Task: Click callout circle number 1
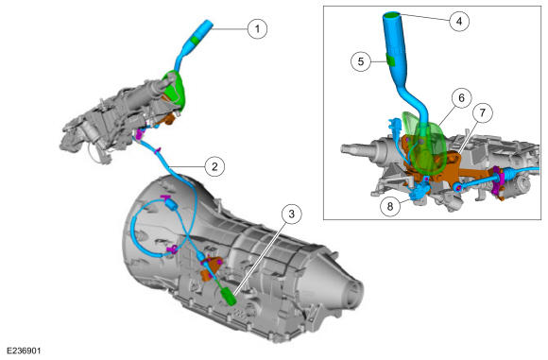(x=258, y=28)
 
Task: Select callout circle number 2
(x=214, y=166)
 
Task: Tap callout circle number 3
(x=291, y=214)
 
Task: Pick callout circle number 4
(x=459, y=21)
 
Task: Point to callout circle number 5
(x=361, y=61)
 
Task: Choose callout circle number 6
(x=461, y=98)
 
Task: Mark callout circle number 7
(x=483, y=112)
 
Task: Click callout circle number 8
(x=390, y=206)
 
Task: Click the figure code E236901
(x=24, y=351)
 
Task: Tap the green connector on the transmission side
(x=230, y=296)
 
